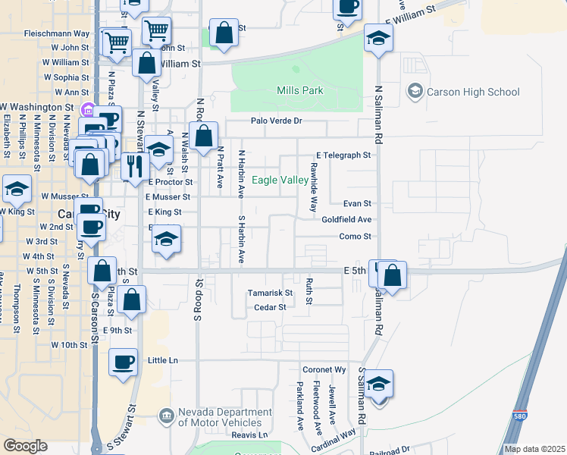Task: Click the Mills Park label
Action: [x=300, y=91]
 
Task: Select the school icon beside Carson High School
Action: [x=415, y=92]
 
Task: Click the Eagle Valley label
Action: [x=280, y=180]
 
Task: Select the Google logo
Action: [x=25, y=446]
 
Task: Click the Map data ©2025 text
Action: [x=534, y=449]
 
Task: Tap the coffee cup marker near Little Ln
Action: [x=123, y=362]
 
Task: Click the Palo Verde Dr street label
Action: [x=277, y=121]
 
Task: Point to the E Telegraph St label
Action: [x=343, y=155]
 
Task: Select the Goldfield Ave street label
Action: [x=346, y=219]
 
